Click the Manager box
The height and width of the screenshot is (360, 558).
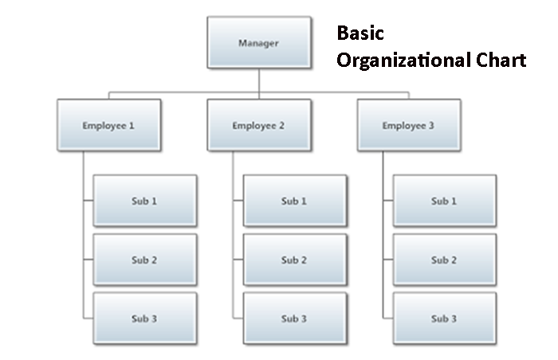pyautogui.click(x=259, y=42)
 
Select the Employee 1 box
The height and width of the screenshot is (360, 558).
pyautogui.click(x=109, y=125)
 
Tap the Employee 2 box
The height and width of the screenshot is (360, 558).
pyautogui.click(x=259, y=125)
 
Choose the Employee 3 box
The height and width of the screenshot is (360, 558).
pyautogui.click(x=409, y=125)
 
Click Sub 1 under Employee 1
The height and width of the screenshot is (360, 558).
pyautogui.click(x=145, y=201)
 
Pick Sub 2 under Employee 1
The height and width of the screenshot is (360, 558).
pyautogui.click(x=145, y=260)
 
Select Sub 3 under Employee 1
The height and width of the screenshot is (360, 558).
pyautogui.click(x=145, y=319)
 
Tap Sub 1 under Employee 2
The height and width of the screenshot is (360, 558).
pyautogui.click(x=295, y=201)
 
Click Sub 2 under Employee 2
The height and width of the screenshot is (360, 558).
pyautogui.click(x=295, y=260)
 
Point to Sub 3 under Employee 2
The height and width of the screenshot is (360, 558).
pyautogui.click(x=295, y=319)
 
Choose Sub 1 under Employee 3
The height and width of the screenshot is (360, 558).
pyautogui.click(x=445, y=201)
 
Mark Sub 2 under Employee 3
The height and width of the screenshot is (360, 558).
pyautogui.click(x=445, y=260)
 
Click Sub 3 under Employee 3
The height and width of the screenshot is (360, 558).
pyautogui.click(x=445, y=319)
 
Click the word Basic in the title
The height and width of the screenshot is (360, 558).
pyautogui.click(x=360, y=33)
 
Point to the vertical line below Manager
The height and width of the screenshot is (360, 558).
pyautogui.click(x=259, y=84)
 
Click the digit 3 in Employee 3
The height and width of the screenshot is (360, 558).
pyautogui.click(x=431, y=126)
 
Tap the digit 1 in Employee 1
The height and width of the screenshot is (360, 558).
pyautogui.click(x=132, y=126)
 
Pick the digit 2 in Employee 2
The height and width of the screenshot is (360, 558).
pyautogui.click(x=281, y=126)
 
